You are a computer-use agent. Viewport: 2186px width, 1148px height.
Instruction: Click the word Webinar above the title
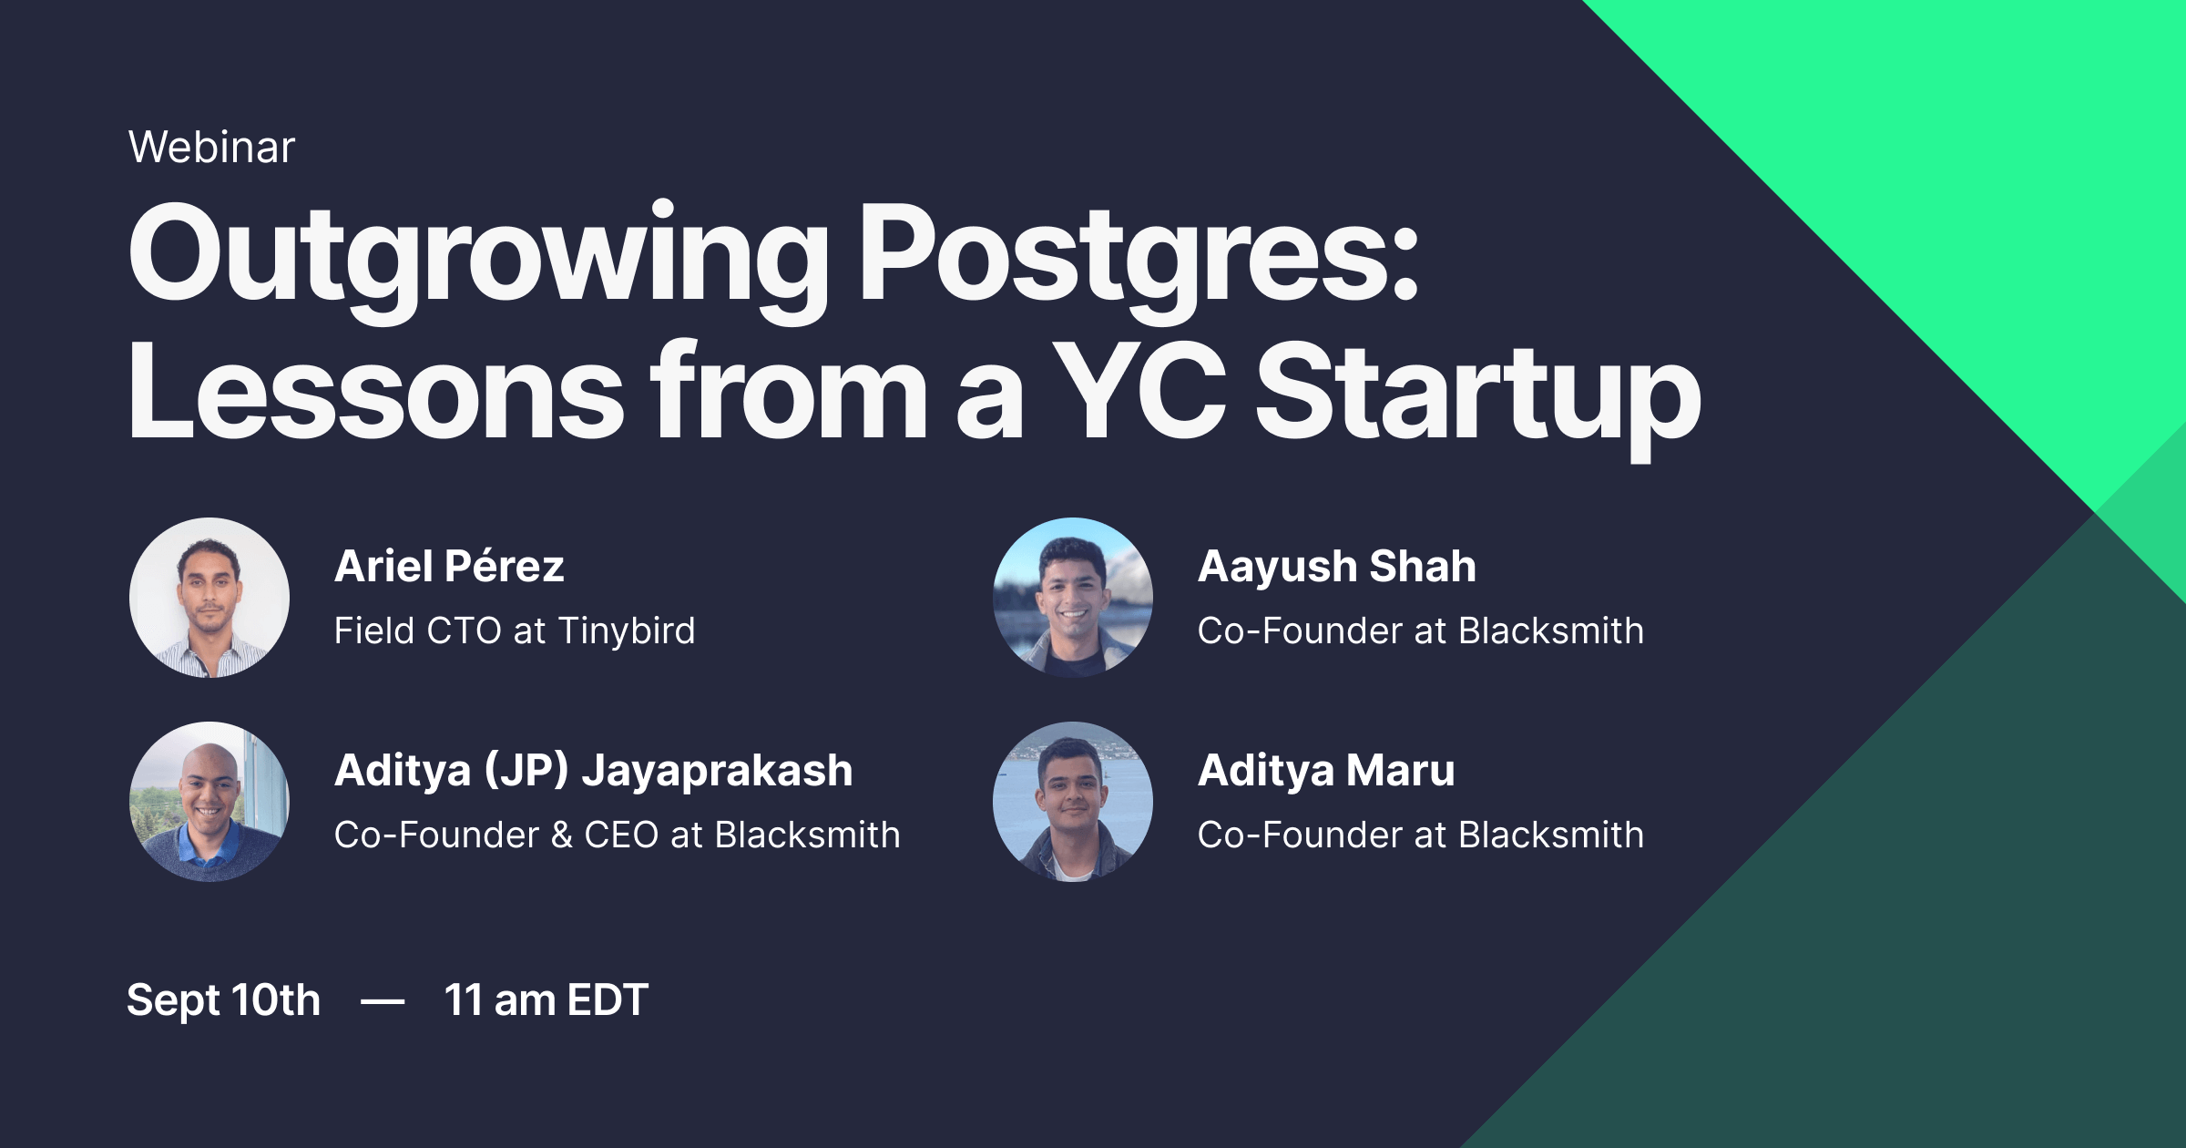tap(211, 148)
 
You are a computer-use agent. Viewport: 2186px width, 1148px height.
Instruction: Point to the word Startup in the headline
tap(1477, 394)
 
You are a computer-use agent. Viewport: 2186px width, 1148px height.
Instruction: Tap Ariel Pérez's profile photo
tap(209, 598)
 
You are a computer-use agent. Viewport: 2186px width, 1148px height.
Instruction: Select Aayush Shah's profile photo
tap(1073, 598)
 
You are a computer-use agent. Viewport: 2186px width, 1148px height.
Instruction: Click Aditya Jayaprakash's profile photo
tap(209, 802)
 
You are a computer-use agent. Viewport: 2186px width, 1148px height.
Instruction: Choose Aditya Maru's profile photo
tap(1073, 802)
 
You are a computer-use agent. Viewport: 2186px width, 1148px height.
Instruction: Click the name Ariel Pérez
tap(449, 567)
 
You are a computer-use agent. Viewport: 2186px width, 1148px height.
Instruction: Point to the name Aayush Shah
tap(1336, 567)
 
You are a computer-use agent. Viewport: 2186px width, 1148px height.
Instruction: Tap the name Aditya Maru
tap(1326, 771)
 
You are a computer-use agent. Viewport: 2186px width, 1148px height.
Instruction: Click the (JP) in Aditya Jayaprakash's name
tap(526, 771)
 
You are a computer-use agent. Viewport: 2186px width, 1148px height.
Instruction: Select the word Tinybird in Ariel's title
tap(627, 631)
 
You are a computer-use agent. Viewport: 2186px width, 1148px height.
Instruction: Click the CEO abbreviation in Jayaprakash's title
tap(621, 835)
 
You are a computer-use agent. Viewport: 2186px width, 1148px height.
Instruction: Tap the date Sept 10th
tap(223, 1000)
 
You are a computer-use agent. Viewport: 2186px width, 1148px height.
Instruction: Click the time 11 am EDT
tap(546, 1000)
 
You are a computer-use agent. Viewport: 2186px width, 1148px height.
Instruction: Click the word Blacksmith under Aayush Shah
tap(1551, 631)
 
